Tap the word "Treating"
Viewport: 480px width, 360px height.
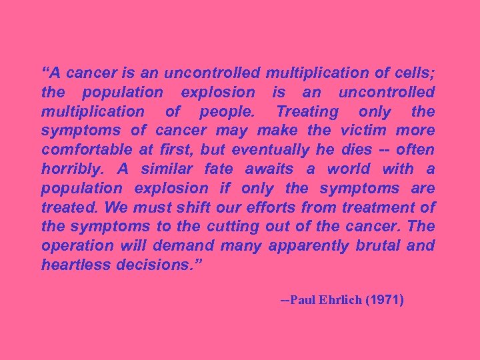[x=307, y=111]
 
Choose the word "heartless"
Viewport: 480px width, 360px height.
[x=75, y=265]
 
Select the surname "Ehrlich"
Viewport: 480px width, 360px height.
[x=343, y=300]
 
